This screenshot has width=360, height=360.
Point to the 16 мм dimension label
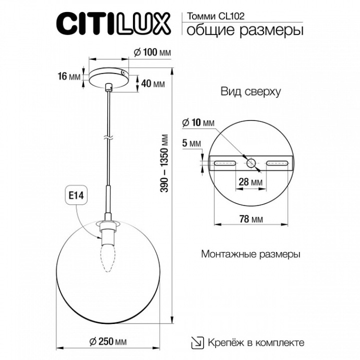click(69, 77)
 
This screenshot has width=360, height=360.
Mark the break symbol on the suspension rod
click(108, 138)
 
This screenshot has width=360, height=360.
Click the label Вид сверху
click(250, 92)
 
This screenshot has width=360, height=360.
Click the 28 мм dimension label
click(249, 183)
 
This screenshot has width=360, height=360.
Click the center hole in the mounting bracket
click(251, 163)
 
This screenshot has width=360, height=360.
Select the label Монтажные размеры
click(250, 255)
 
